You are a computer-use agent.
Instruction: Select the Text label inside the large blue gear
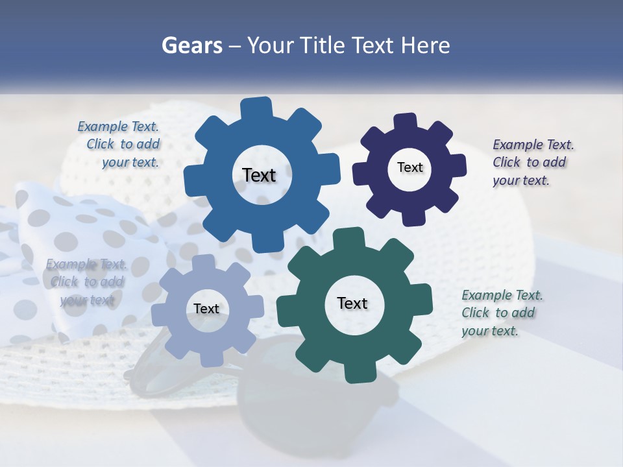259,175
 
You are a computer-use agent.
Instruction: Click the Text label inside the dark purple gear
409,167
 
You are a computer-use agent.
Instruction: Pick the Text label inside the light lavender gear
206,309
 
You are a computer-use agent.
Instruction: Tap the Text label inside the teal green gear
352,303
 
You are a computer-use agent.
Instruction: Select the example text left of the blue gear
119,145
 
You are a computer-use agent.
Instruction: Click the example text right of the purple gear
533,162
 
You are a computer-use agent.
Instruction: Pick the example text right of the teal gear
502,313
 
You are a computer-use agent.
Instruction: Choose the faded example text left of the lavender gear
86,281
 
